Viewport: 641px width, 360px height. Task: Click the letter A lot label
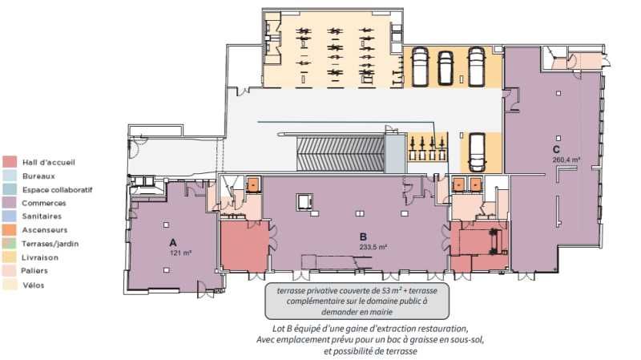tap(173, 243)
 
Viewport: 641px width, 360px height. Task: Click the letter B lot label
tap(363, 237)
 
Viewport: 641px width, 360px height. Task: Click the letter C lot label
tap(556, 149)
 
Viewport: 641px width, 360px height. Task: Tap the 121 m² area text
tap(181, 253)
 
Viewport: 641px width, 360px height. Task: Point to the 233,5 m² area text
tap(373, 247)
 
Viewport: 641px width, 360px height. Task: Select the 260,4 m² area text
tap(566, 160)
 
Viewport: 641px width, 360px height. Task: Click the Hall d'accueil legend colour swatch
tap(10, 162)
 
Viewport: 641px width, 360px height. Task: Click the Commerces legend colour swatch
tap(10, 203)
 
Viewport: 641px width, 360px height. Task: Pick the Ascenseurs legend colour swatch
tap(10, 229)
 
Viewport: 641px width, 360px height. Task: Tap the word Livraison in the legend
tap(40, 257)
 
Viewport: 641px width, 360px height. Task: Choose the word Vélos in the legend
tap(34, 285)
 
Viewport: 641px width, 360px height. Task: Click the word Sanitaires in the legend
tap(42, 216)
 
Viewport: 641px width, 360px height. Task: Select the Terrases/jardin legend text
tap(50, 244)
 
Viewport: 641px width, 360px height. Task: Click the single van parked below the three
tap(477, 152)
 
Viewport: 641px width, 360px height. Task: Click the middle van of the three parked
tap(445, 68)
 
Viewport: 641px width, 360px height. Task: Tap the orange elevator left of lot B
tap(253, 185)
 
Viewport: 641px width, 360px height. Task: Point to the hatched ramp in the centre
tap(340, 154)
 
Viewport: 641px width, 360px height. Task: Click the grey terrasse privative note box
tap(357, 301)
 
